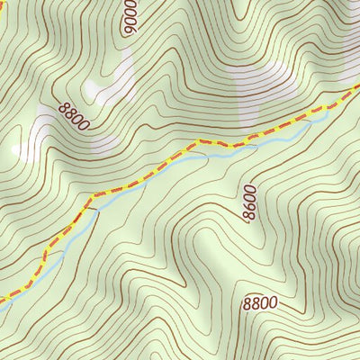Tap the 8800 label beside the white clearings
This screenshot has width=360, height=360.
point(74,116)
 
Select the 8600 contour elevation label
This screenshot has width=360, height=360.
point(249,203)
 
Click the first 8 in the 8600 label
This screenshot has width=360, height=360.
point(248,217)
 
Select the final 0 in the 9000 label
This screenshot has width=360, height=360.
point(131,4)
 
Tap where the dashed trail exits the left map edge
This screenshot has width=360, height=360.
point(3,297)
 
